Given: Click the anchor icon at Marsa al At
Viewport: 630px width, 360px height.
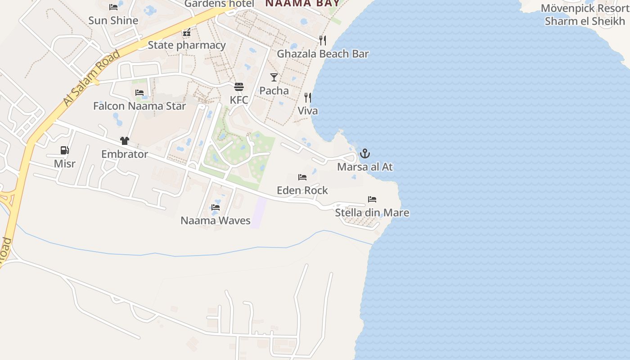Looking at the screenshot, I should [365, 154].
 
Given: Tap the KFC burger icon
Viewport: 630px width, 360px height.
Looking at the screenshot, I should [239, 87].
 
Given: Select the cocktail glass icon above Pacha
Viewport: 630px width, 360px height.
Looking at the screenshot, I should [274, 77].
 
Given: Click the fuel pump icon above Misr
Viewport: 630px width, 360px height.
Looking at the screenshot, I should [65, 150].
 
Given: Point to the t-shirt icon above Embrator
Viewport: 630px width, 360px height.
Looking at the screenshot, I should [125, 141].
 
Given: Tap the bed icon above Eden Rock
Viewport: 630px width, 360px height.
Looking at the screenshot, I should [302, 177].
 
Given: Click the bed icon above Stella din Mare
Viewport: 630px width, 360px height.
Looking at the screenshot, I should [372, 199].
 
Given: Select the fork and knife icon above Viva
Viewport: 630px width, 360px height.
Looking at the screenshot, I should [308, 97].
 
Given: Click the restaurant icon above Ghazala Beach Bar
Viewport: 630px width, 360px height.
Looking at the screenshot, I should [323, 40].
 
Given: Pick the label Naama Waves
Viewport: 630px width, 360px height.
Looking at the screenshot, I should [216, 220].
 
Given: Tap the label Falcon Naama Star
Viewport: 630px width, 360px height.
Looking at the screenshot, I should [139, 106].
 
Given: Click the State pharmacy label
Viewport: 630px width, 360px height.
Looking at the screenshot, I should [187, 45].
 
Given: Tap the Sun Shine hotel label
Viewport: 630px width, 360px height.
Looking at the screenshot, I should [113, 20].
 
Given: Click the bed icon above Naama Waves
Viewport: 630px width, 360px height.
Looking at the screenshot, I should [216, 207].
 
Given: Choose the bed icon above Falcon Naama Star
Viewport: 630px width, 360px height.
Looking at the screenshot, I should [139, 93].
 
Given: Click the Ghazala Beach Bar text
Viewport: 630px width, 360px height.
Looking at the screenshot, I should [323, 54].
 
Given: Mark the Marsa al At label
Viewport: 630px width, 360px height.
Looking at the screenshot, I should [365, 167].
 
